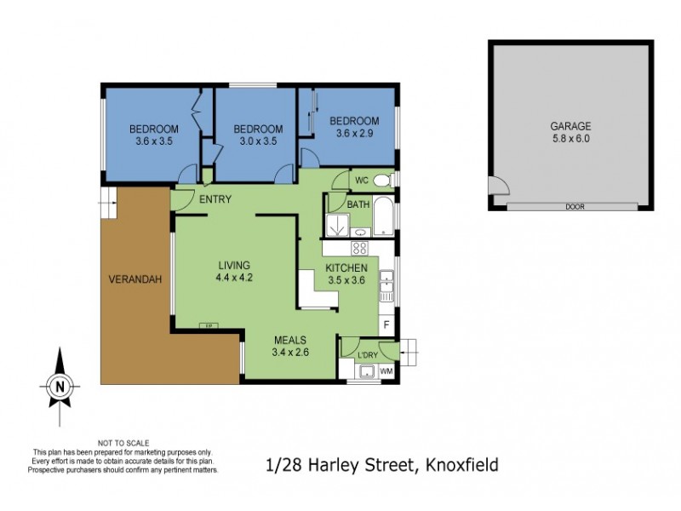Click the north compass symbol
pyautogui.click(x=60, y=385)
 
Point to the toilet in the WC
pyautogui.click(x=382, y=180)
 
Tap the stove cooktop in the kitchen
pyautogui.click(x=359, y=249)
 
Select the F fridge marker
pyautogui.click(x=386, y=324)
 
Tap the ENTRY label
pyautogui.click(x=215, y=199)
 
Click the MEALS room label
pyautogui.click(x=289, y=339)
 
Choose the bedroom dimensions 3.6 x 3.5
pyautogui.click(x=154, y=141)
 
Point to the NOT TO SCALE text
pyautogui.click(x=124, y=443)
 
